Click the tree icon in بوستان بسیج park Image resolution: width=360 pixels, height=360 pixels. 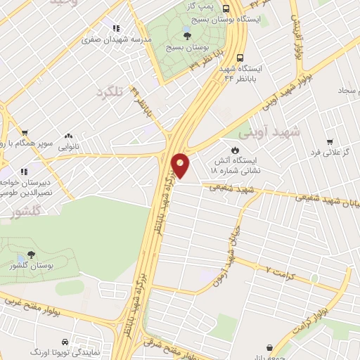point(186,36)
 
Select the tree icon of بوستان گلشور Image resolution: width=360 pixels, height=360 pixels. point(30,256)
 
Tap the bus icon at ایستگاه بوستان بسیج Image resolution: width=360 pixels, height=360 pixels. point(226,9)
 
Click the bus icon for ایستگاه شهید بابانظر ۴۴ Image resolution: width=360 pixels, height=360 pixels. point(240,58)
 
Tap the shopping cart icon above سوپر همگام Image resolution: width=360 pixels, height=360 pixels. point(25,132)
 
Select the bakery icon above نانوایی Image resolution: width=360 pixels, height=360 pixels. point(69,136)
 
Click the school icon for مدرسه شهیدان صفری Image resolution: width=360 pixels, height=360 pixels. point(116,29)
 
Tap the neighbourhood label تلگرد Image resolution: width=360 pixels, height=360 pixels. point(114,92)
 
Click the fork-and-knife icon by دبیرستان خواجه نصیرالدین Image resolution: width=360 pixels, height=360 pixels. point(23,170)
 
